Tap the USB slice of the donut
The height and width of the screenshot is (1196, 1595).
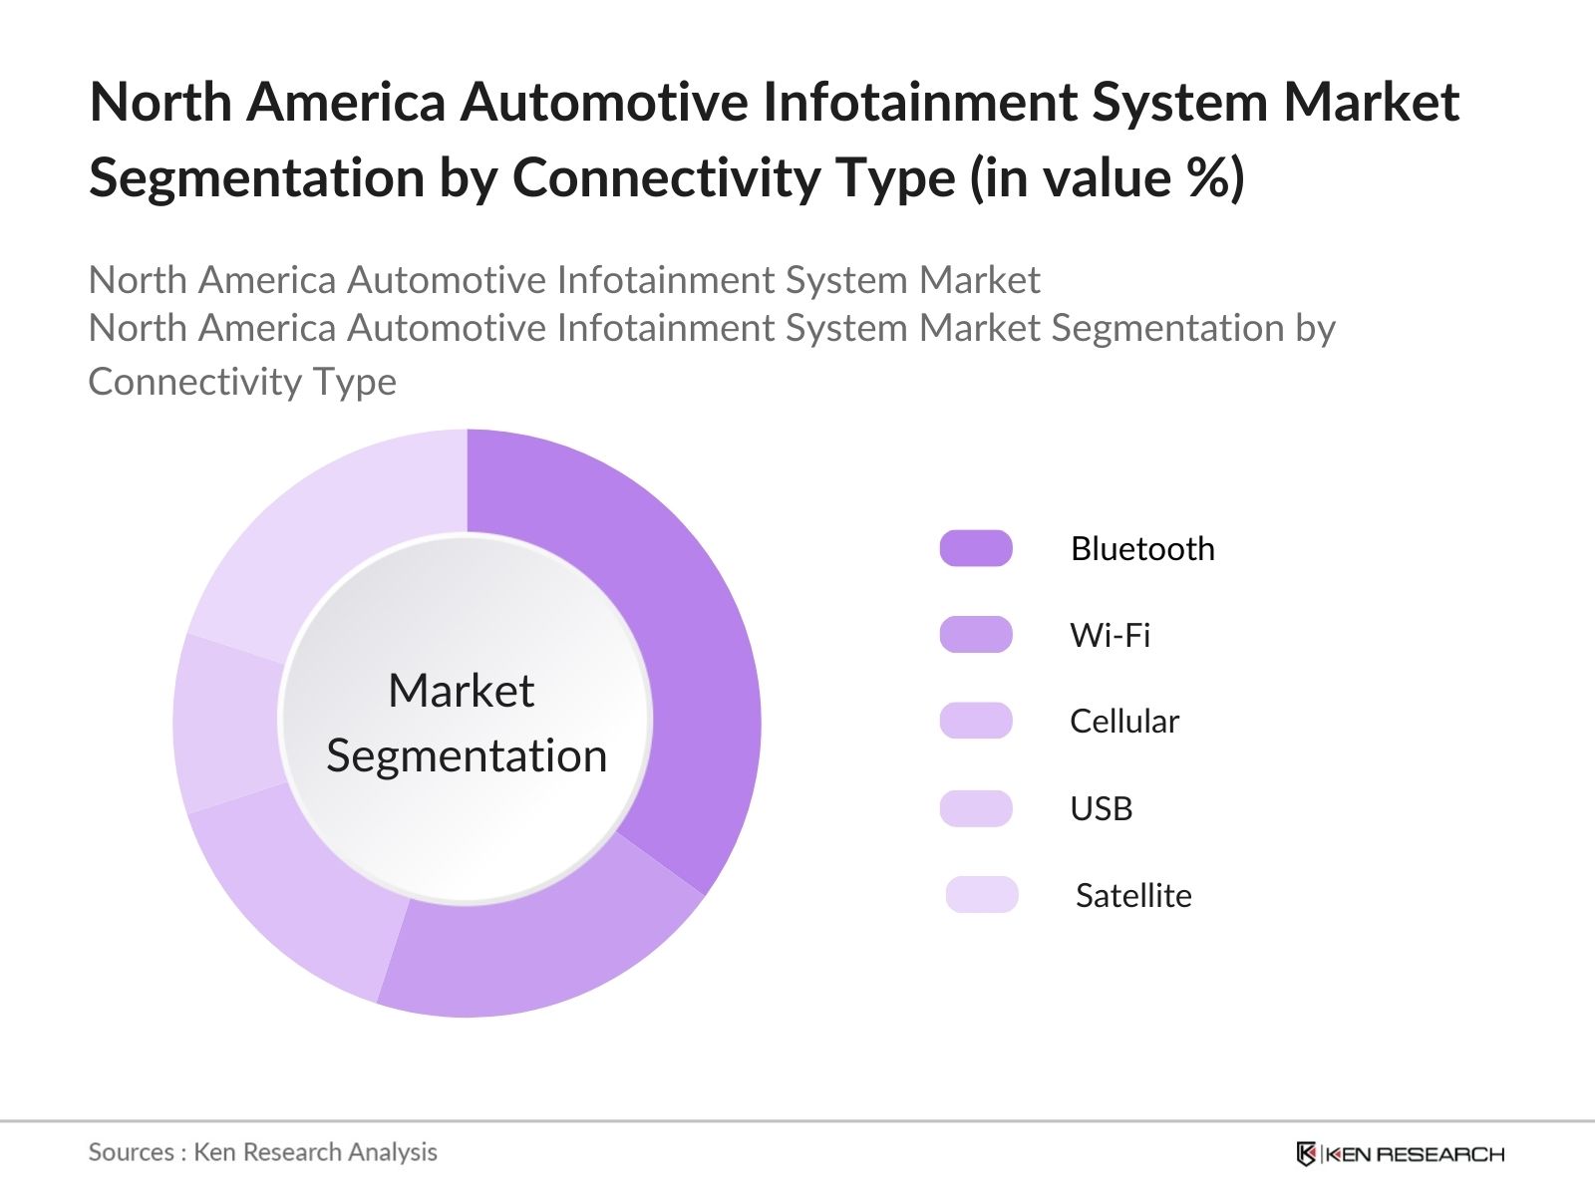tap(227, 723)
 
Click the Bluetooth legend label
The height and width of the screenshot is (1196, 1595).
tap(1142, 549)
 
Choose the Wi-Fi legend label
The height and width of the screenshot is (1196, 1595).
tap(1110, 635)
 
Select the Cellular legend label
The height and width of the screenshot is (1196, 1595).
tap(1123, 722)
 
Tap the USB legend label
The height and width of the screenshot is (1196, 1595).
tap(1101, 808)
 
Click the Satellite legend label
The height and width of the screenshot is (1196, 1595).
tap(1133, 895)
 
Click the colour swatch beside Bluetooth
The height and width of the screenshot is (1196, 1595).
tap(976, 548)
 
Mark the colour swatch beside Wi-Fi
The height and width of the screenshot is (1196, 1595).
tap(976, 635)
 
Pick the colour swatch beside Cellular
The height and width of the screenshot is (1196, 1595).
tap(976, 721)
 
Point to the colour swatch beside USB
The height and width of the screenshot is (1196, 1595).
tap(976, 808)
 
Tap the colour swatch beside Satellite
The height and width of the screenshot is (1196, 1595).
tap(982, 895)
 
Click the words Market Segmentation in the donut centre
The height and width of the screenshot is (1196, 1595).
tap(466, 723)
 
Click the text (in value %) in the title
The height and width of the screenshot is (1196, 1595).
tap(1107, 178)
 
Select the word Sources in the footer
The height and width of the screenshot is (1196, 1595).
tap(131, 1152)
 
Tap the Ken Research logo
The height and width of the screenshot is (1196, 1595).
tap(1400, 1154)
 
